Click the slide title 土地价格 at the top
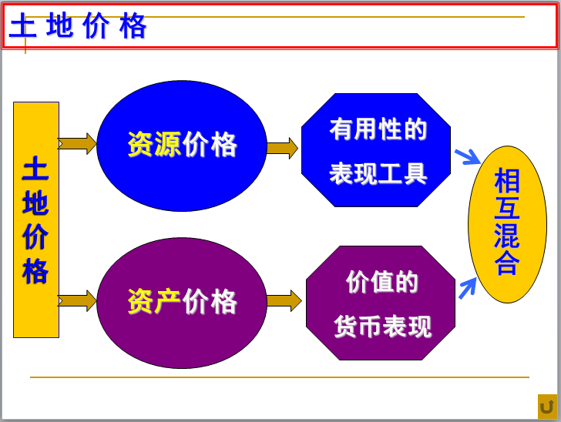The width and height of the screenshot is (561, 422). [x=78, y=28]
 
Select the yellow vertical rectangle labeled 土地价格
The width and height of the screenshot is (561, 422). [x=36, y=219]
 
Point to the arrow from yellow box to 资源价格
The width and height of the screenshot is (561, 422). [x=77, y=143]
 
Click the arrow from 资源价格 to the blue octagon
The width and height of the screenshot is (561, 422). [x=283, y=148]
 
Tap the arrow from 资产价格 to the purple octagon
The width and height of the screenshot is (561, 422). [x=284, y=301]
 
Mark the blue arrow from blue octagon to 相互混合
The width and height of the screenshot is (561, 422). [x=467, y=157]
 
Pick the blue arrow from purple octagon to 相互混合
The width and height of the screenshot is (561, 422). [x=467, y=288]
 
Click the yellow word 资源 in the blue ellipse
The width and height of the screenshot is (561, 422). [x=154, y=145]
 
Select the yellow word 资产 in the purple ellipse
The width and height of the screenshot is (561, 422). [x=154, y=302]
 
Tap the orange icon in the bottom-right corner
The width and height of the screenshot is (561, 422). [x=546, y=406]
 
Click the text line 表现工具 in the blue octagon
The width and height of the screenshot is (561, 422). [x=378, y=173]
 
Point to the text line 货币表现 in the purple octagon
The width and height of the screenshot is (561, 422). [x=383, y=327]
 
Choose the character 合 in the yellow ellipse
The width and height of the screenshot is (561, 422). [x=507, y=264]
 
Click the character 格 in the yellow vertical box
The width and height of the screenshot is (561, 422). [x=36, y=272]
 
